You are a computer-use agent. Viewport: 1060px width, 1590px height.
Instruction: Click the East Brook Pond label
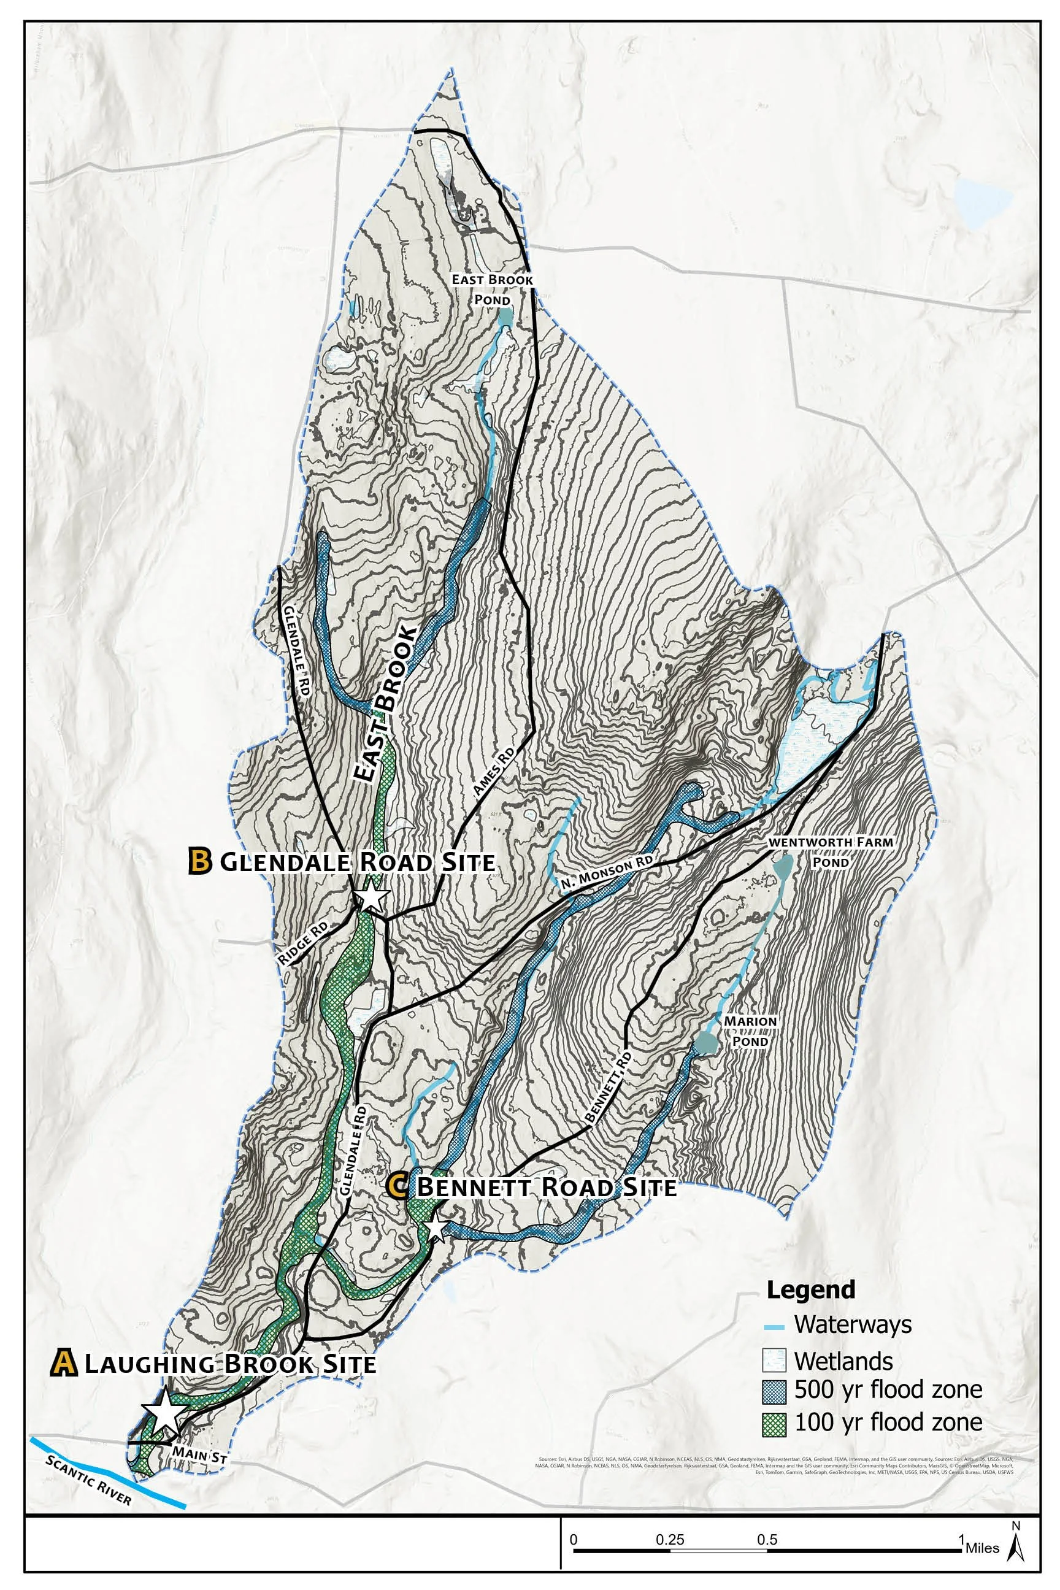pyautogui.click(x=493, y=290)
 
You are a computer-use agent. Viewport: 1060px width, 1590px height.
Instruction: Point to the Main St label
pyautogui.click(x=198, y=1453)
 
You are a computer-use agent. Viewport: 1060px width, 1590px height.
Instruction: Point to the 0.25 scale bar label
pyautogui.click(x=670, y=1521)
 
